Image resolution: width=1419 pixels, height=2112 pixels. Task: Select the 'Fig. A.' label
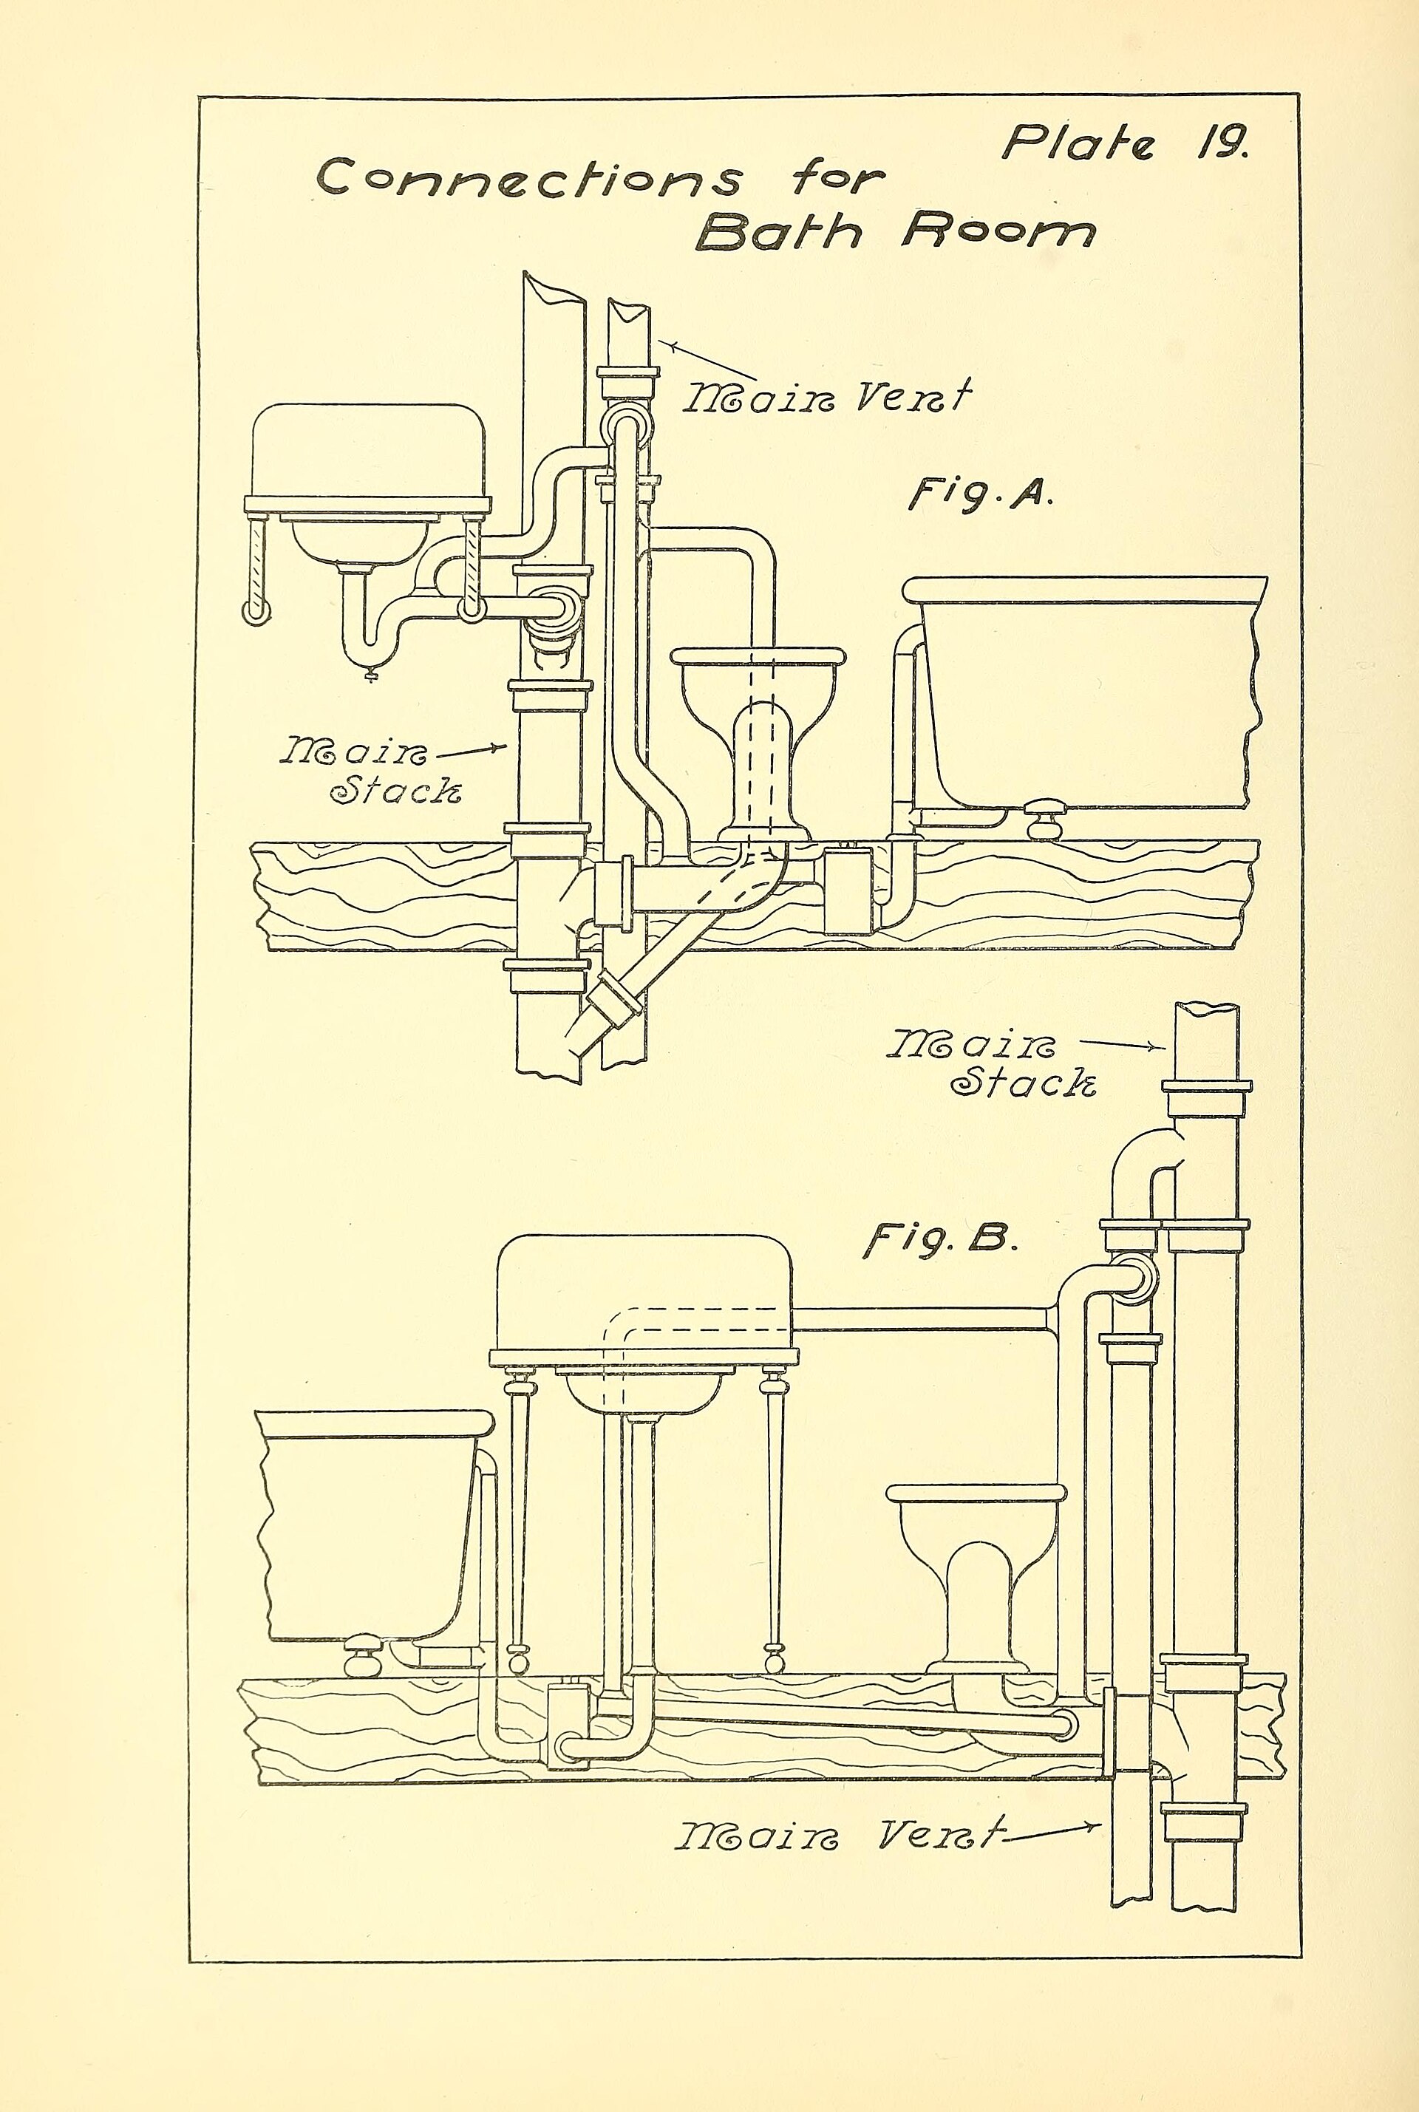click(980, 494)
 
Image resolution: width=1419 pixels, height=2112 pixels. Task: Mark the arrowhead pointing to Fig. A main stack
click(497, 746)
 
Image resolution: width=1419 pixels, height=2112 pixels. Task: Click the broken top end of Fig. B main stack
click(1206, 1008)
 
